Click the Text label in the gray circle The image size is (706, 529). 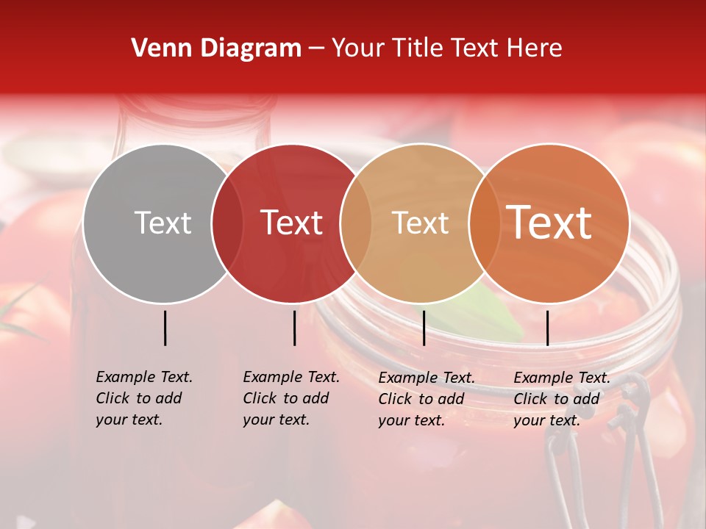[163, 223]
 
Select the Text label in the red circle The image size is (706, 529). [292, 223]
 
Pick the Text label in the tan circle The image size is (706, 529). [420, 223]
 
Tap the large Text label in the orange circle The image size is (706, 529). [549, 222]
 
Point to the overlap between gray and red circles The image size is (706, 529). [227, 223]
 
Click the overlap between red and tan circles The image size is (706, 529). [356, 223]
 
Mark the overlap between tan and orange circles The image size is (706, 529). [484, 223]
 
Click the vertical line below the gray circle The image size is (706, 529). [165, 328]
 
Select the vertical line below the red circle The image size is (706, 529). [294, 328]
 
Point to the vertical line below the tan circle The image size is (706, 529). [424, 328]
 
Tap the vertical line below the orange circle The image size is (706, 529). [547, 328]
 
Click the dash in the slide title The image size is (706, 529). [316, 49]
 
